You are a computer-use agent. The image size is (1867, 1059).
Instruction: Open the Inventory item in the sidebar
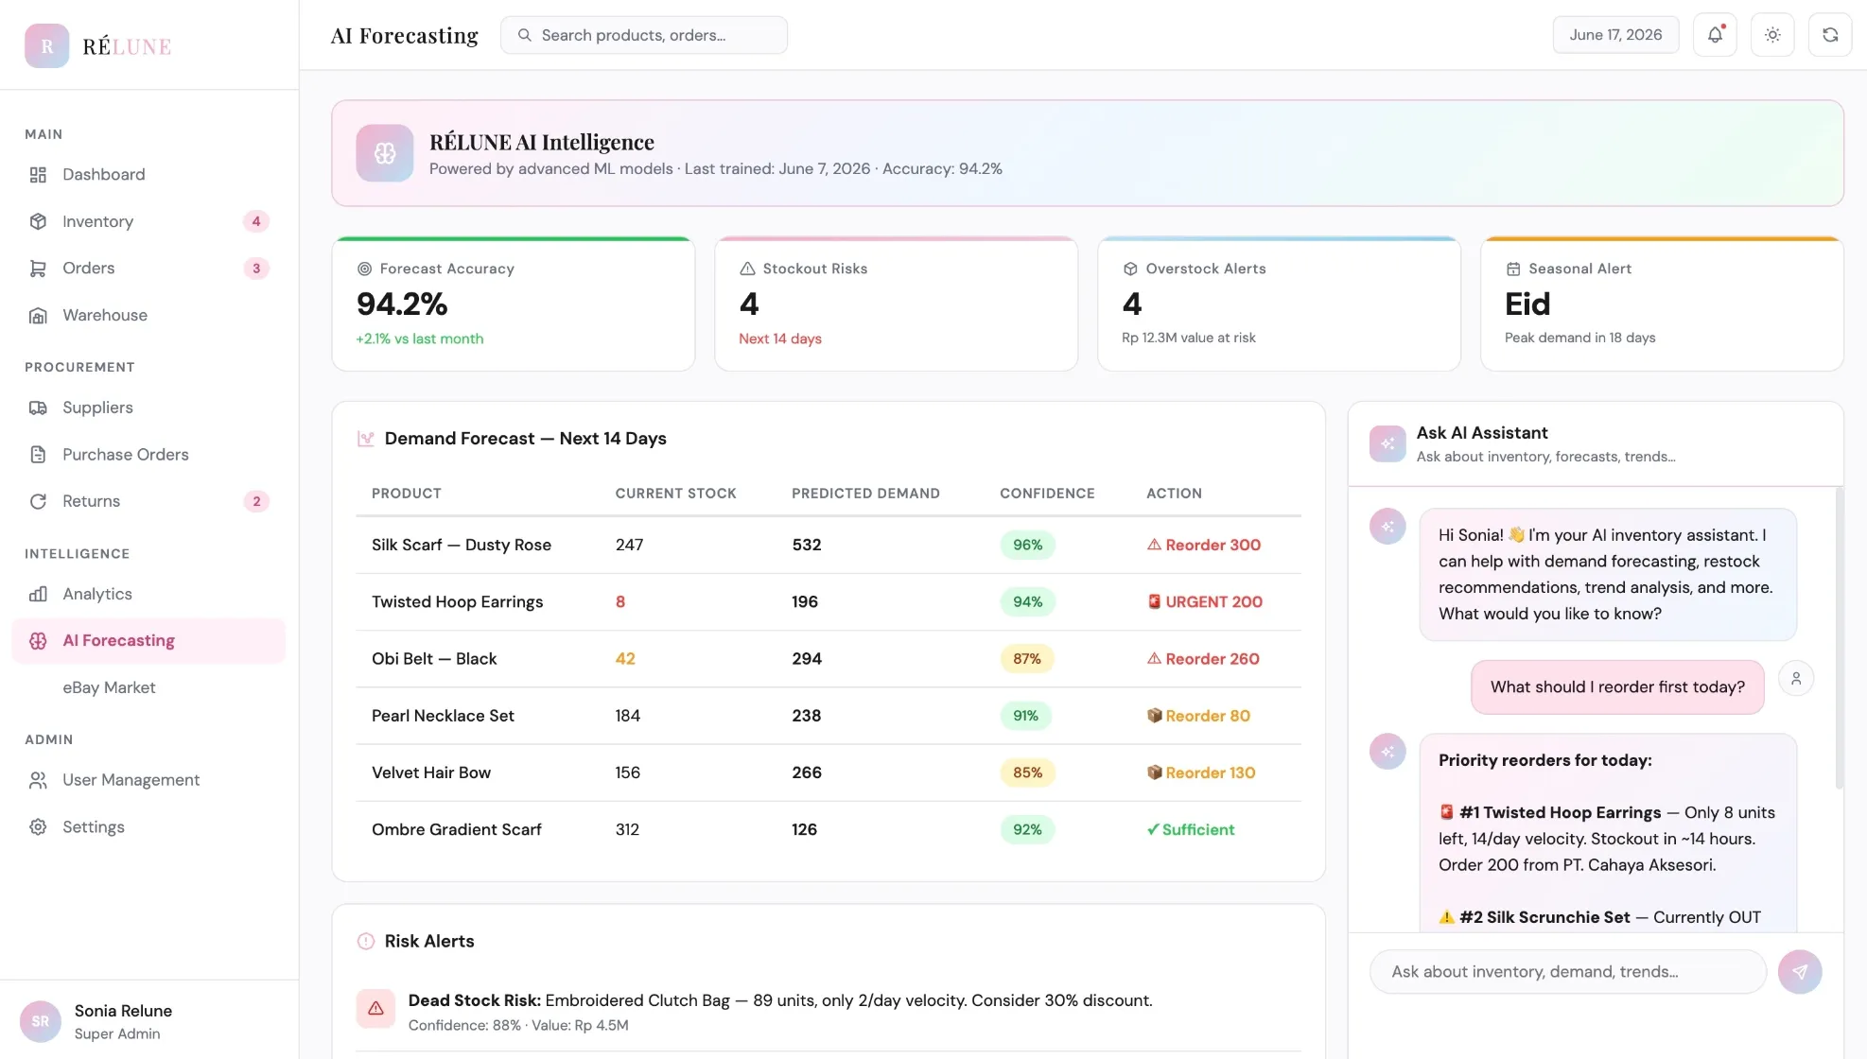pos(97,221)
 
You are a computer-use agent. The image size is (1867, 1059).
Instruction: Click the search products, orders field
pos(643,35)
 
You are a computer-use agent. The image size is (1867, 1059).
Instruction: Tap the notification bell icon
pos(1715,35)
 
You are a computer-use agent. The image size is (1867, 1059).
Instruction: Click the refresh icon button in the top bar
pos(1829,35)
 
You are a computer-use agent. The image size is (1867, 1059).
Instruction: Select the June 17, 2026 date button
pos(1615,35)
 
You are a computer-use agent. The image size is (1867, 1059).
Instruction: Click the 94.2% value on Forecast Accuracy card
pos(402,304)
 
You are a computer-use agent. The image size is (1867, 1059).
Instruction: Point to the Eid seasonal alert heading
pos(1527,304)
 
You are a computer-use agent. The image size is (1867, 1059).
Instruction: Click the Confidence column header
pos(1047,494)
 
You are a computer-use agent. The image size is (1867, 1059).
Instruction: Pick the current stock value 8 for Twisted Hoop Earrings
pos(620,602)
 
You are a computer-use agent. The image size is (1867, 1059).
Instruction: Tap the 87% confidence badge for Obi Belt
pos(1027,659)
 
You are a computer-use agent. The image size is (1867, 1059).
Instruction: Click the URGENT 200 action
pos(1204,602)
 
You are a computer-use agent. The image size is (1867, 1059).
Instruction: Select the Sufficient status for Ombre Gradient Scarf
pos(1191,830)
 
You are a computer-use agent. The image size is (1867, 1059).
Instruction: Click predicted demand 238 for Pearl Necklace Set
pos(806,716)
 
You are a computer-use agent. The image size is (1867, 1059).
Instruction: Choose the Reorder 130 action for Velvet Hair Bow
pos(1201,773)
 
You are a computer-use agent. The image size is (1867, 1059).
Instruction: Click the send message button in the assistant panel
pos(1799,972)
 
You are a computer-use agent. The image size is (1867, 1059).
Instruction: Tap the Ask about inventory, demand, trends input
pos(1567,972)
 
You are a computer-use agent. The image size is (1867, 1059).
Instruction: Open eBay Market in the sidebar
pos(109,687)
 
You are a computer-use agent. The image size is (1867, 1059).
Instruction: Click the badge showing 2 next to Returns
pos(256,501)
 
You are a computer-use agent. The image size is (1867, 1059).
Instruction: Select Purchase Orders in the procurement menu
pos(125,455)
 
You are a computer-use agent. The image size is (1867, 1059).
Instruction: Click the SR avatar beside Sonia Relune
pos(40,1021)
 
